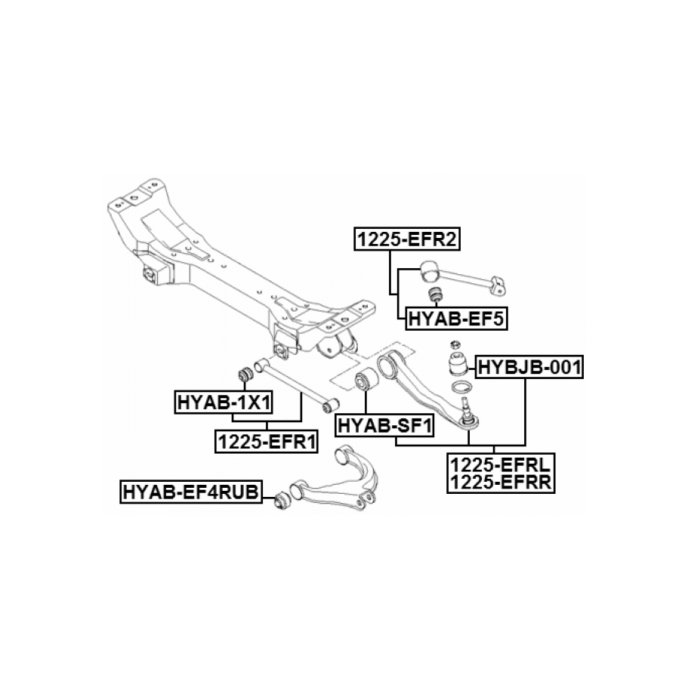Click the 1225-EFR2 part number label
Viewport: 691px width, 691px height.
(408, 240)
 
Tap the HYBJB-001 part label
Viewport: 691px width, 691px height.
(528, 368)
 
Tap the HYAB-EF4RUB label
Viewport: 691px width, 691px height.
(190, 493)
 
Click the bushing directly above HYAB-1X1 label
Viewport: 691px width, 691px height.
(244, 374)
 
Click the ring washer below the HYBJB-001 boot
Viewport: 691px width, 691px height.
(462, 389)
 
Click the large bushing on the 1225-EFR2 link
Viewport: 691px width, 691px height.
(429, 268)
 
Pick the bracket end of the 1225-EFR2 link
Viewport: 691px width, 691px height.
(495, 285)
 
